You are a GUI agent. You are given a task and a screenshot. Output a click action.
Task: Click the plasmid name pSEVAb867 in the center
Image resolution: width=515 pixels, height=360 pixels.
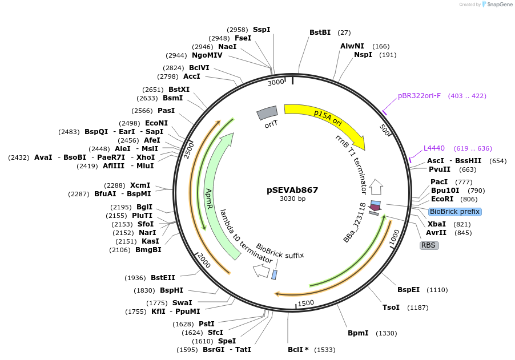(x=292, y=190)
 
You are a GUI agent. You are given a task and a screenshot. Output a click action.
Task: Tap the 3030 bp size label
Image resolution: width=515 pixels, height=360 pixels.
(x=292, y=199)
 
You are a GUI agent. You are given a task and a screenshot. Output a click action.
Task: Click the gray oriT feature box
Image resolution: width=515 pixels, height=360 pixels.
(x=267, y=114)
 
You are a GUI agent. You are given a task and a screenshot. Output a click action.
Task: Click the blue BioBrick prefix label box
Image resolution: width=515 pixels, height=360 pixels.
(x=454, y=212)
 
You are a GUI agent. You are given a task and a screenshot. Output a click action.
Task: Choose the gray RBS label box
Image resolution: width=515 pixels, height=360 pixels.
(x=429, y=245)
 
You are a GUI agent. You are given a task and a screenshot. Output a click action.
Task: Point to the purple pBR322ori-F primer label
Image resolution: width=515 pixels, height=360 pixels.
(x=419, y=96)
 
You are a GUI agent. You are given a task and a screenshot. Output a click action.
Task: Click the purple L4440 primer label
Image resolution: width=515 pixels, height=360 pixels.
(x=434, y=148)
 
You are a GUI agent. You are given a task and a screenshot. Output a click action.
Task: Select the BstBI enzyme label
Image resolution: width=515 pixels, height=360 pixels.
(x=320, y=33)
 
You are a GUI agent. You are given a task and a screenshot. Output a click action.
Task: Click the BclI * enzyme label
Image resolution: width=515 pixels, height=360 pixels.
(x=298, y=350)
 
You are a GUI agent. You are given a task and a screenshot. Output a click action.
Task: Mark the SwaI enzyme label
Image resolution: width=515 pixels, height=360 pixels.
(x=182, y=303)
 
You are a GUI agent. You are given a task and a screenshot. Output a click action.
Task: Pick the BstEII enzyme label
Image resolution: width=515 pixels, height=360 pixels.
(x=163, y=278)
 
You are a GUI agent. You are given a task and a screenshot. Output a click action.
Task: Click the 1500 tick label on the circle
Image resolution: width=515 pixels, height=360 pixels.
(x=306, y=302)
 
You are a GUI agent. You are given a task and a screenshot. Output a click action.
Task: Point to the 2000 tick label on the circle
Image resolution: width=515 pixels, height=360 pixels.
(x=204, y=260)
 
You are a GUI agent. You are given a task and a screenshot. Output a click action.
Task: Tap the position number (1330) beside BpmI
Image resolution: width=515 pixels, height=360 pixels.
(x=386, y=333)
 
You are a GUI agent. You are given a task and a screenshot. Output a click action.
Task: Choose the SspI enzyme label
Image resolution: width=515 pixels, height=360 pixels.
(x=261, y=29)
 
